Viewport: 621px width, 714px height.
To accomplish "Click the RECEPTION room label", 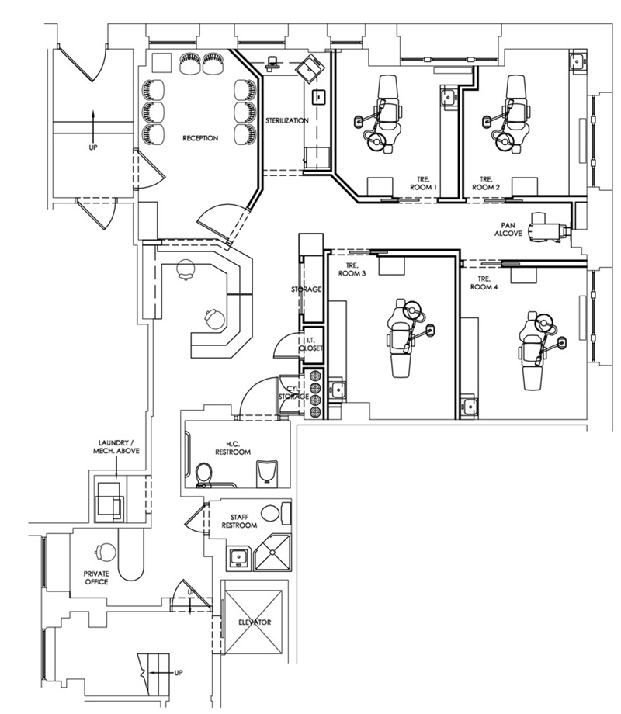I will [200, 139].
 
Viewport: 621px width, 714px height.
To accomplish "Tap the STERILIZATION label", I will [287, 121].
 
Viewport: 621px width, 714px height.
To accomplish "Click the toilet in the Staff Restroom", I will [270, 513].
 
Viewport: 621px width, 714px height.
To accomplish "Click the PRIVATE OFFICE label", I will [97, 577].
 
